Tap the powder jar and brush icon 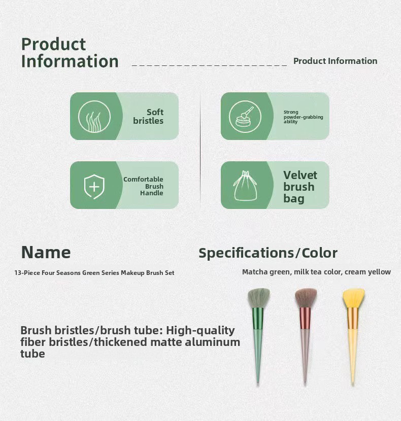244,117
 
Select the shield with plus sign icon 94,187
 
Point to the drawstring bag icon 245,186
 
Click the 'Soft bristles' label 148,116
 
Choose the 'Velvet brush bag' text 300,187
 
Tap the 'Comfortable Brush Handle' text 143,186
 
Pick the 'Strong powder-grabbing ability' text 303,117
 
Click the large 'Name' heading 46,253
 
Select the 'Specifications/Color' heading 268,253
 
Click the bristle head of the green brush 258,298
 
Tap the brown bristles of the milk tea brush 306,298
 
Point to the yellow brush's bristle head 353,298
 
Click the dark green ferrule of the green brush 258,319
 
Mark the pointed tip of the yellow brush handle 353,383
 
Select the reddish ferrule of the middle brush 305,319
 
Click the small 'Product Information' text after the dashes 335,61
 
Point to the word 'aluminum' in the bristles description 212,342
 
